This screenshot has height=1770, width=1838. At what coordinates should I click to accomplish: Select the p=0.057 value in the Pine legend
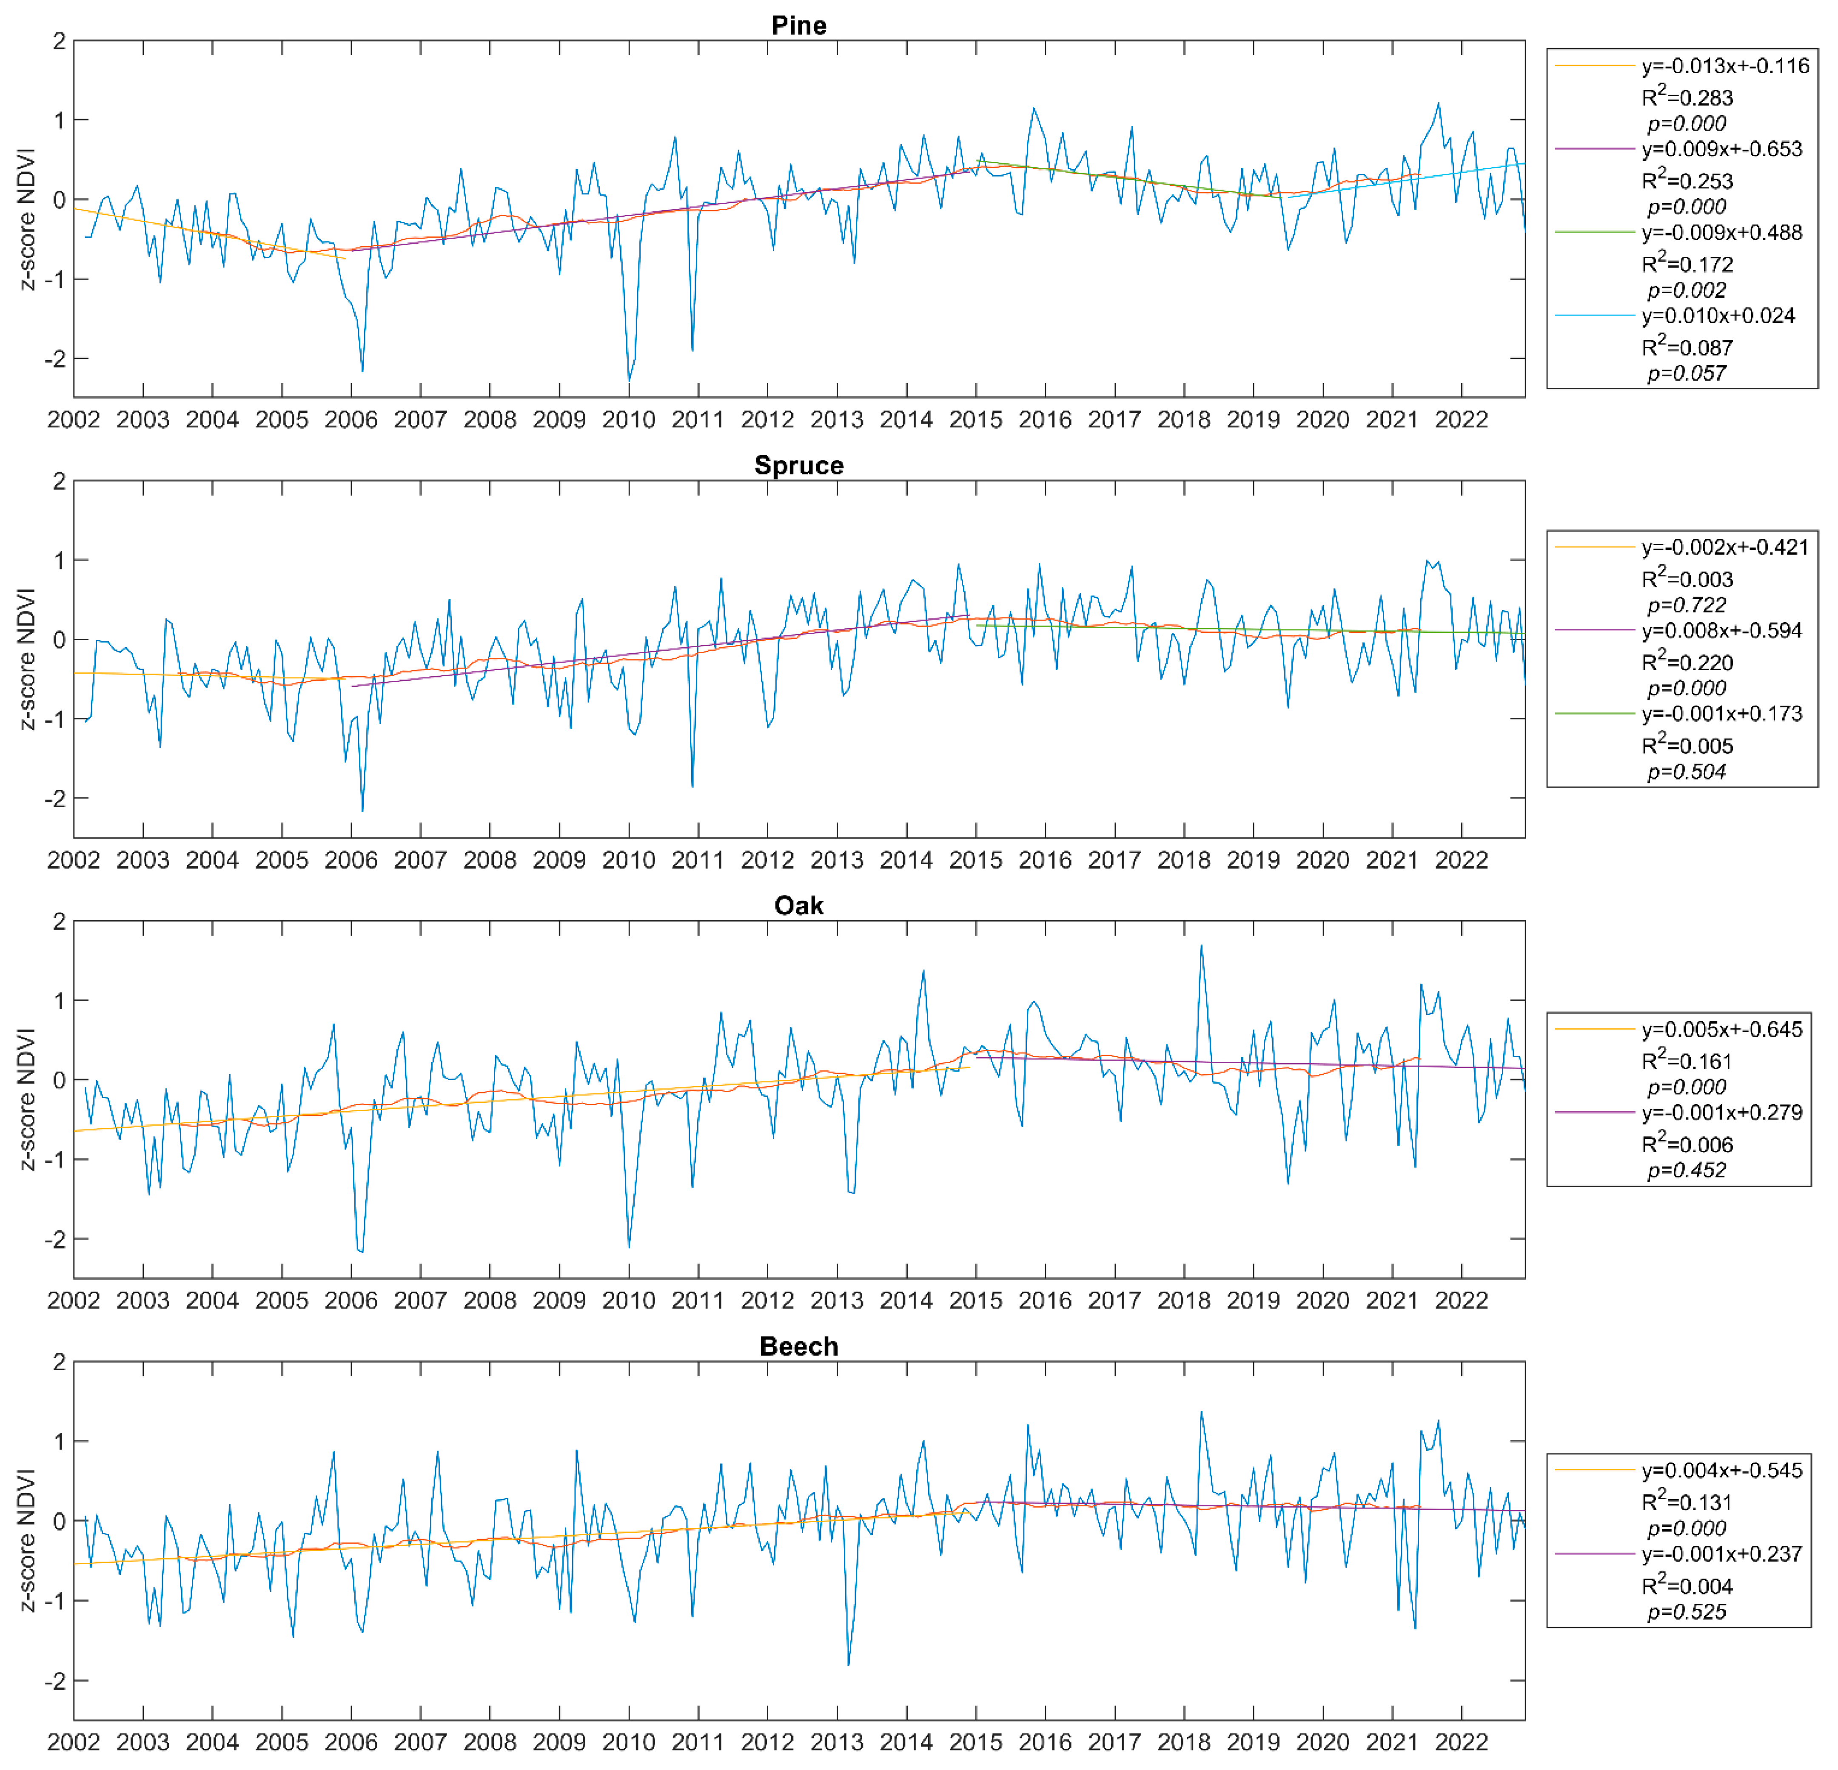coord(1686,373)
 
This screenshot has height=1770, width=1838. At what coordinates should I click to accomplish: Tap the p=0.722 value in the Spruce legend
coord(1686,605)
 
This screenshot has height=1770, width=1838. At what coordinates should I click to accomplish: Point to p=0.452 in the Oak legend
coord(1686,1170)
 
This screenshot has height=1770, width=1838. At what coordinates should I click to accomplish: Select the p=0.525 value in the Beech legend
coord(1686,1611)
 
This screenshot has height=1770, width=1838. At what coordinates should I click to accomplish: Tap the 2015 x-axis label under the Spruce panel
coord(975,859)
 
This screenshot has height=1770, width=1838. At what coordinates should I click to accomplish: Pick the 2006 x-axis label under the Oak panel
coord(351,1300)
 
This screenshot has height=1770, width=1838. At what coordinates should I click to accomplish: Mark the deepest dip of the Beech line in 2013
coord(849,1664)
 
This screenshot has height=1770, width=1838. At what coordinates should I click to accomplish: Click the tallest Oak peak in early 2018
coord(1201,947)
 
